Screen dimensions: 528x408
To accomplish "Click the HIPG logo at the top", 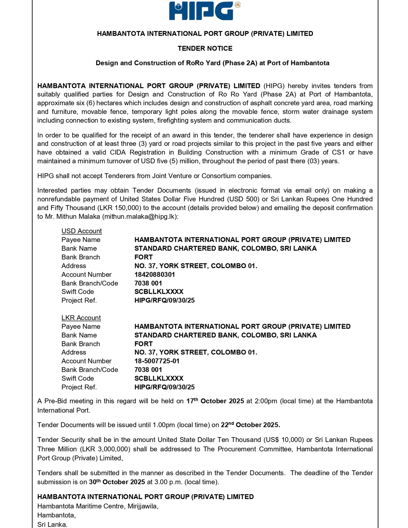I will click(204, 11).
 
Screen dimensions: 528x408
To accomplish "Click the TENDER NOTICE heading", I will click(205, 48).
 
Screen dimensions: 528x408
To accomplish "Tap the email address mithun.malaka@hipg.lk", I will click(140, 216).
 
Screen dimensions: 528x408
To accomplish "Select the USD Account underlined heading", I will click(82, 231).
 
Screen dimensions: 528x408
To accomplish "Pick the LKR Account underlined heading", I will click(81, 318).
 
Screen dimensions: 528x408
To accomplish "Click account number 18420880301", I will click(155, 274).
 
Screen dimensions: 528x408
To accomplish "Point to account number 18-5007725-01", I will click(157, 361).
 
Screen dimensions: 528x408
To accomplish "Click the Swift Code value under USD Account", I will click(159, 292).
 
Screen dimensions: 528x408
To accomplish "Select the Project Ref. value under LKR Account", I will click(164, 387).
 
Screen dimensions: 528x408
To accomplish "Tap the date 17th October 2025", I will click(215, 401).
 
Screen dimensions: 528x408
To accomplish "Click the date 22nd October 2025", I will click(250, 425).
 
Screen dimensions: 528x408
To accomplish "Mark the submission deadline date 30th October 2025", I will click(117, 482).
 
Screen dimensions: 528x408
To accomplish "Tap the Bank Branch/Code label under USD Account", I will click(90, 283).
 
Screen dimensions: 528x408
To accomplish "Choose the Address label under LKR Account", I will click(74, 352).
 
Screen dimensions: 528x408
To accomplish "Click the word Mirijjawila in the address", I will click(142, 506).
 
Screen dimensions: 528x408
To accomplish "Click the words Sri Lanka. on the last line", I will click(52, 524).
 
